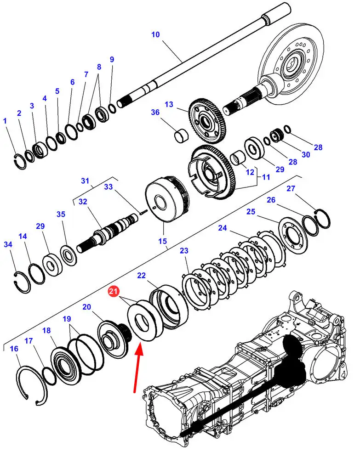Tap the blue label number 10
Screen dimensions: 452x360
tap(155, 34)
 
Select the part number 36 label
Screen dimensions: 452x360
tap(155, 112)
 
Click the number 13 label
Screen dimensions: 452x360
tap(169, 105)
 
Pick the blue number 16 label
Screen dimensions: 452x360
tap(14, 349)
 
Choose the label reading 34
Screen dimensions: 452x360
tap(8, 245)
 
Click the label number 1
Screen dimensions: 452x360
tap(5, 121)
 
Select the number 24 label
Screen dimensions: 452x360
tap(223, 228)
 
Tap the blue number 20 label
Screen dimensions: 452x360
tap(86, 307)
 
